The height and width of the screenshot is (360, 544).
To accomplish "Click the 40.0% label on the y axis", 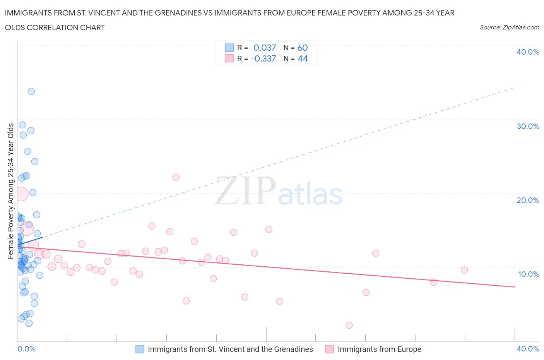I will [527, 52].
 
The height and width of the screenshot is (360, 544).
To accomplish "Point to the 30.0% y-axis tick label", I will [527, 126].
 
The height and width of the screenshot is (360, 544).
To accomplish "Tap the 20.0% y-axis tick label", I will [527, 200].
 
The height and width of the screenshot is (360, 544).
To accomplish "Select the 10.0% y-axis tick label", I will [528, 274].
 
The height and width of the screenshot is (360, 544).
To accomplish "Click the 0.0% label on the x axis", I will [26, 349].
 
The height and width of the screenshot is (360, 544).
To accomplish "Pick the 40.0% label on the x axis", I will [527, 349].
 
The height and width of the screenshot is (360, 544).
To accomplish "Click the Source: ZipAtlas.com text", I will [509, 27].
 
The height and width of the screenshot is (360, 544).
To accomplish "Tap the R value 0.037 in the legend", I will [265, 48].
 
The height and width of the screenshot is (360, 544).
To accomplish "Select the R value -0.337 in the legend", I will [263, 58].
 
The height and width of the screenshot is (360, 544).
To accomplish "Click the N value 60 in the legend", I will [303, 48].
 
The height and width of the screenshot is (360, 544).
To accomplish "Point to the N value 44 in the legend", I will [303, 58].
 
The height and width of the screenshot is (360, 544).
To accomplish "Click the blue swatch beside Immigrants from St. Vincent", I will [140, 349].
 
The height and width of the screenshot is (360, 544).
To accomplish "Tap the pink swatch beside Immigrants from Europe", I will [329, 349].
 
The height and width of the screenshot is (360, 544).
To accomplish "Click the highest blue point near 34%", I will [31, 91].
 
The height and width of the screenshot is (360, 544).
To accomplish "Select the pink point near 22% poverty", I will [176, 177].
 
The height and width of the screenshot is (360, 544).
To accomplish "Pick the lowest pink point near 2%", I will [349, 325].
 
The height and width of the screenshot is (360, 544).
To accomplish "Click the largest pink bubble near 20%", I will [21, 194].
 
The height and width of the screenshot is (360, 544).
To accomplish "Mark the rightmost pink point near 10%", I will [464, 270].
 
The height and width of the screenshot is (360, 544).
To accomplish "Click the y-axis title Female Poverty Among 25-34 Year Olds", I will [10, 191].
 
